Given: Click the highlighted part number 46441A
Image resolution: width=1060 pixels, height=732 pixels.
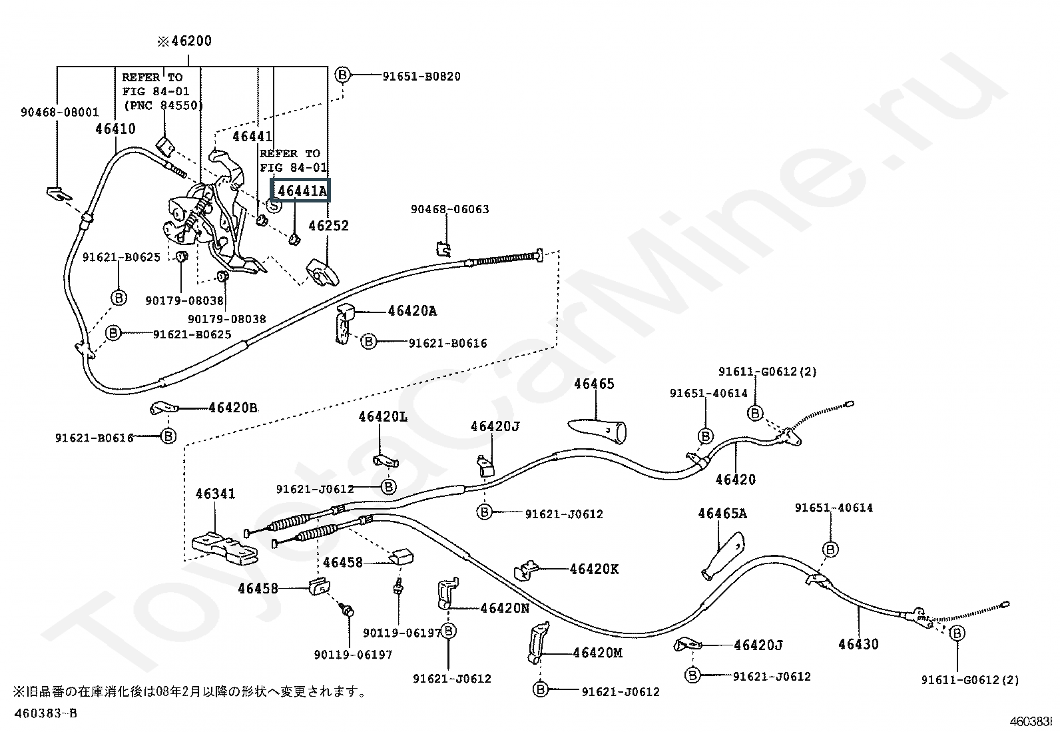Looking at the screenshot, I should pos(302,191).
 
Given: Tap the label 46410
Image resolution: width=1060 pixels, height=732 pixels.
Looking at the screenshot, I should pos(115,129).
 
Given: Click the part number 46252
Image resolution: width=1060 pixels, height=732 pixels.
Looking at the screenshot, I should pos(328,226).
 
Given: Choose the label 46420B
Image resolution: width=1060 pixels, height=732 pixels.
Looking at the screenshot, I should pos(232,408).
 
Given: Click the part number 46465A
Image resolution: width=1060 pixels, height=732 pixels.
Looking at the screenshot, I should pos(722,513).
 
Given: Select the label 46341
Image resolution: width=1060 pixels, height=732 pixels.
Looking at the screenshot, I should pos(215,494).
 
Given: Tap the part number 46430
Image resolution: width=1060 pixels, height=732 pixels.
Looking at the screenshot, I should pos(858,644).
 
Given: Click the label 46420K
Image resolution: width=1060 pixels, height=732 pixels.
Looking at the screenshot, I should pos(594,569).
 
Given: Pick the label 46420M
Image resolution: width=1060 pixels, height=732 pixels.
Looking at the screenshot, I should pos(597,653).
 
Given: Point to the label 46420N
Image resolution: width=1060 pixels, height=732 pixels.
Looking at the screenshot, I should pos(505,607).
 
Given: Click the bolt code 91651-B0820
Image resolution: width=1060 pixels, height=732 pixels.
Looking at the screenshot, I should pos(421,76).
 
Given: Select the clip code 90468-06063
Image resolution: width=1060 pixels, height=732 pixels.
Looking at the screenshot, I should pos(449,209).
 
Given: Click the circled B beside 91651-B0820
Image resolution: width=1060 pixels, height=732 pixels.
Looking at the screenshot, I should pos(342,75).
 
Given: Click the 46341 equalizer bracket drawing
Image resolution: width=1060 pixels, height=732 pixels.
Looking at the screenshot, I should pos(224,547).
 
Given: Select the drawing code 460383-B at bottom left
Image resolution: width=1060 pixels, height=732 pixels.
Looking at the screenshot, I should pos(45,713).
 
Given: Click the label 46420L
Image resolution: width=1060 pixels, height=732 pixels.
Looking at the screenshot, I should pos(382,417).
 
